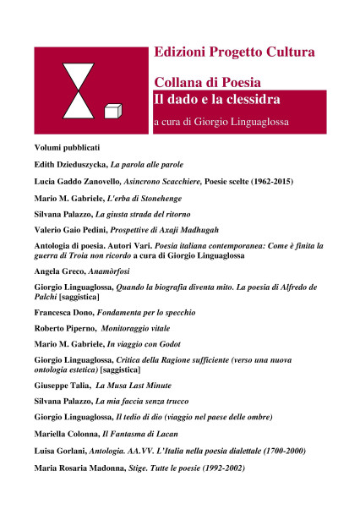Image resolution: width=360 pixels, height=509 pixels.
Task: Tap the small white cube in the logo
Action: click(x=110, y=111)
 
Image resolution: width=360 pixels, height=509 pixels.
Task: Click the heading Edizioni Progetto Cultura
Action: click(x=235, y=52)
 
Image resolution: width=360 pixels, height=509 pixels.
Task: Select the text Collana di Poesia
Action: click(x=207, y=83)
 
